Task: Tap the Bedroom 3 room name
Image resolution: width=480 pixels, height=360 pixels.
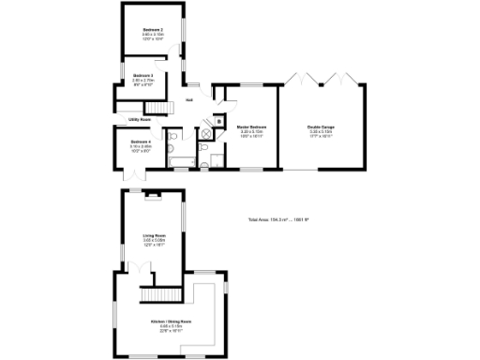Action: tap(142, 75)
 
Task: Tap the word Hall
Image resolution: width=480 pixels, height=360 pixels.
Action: tap(189, 100)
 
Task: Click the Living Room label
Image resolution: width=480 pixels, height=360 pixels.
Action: tap(153, 235)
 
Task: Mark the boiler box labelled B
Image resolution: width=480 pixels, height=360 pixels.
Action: tap(218, 121)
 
